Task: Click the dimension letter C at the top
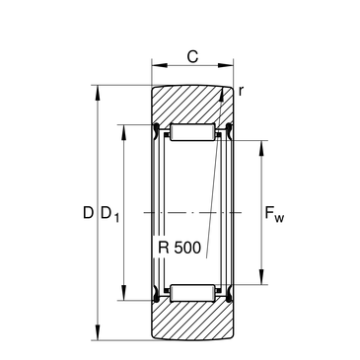[192, 56]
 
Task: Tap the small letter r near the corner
[241, 91]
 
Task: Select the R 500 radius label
[180, 248]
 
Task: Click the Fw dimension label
[274, 214]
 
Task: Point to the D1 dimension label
[109, 214]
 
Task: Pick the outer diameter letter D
[88, 213]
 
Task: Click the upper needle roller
[192, 132]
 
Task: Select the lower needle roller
[192, 293]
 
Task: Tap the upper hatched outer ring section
[192, 105]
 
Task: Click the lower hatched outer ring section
[192, 321]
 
